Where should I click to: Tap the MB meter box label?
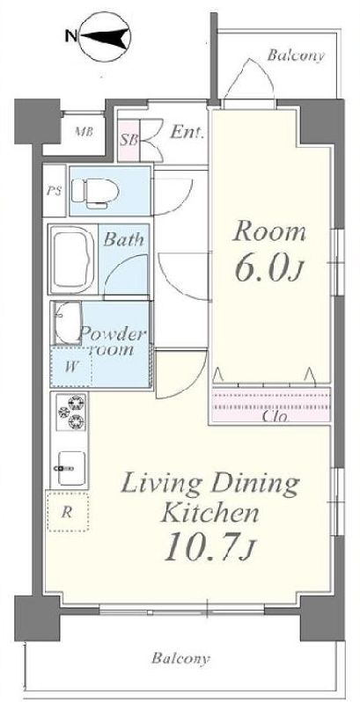point(84,132)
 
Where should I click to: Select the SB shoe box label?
point(129,140)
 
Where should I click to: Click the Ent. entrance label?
point(187,132)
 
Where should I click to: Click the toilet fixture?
point(95,193)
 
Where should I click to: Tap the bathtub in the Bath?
point(72,260)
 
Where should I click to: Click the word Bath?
point(124,239)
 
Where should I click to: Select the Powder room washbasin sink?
point(67,322)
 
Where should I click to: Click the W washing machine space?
point(71,367)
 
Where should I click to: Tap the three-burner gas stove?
point(72,412)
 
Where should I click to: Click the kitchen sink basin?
point(71,468)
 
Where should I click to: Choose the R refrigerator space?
point(68,511)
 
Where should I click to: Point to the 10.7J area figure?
point(209,547)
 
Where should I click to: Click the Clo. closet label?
point(275,417)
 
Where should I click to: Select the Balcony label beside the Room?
point(296,56)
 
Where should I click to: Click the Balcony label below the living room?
point(180,659)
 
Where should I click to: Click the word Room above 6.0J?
point(268,233)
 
